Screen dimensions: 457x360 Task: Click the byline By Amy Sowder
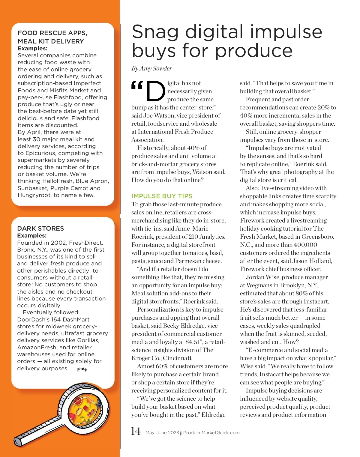(x=151, y=69)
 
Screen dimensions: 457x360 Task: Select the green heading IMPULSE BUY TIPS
(x=162, y=196)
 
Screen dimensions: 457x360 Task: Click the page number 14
(x=136, y=431)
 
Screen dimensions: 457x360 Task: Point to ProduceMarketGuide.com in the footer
(x=211, y=433)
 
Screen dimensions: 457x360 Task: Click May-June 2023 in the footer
(x=162, y=433)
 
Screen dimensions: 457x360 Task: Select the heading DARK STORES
(x=40, y=228)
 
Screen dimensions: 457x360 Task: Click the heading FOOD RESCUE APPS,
(x=52, y=33)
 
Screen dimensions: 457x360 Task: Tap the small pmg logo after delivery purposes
(x=82, y=369)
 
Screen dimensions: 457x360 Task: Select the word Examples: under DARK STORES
(x=32, y=236)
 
